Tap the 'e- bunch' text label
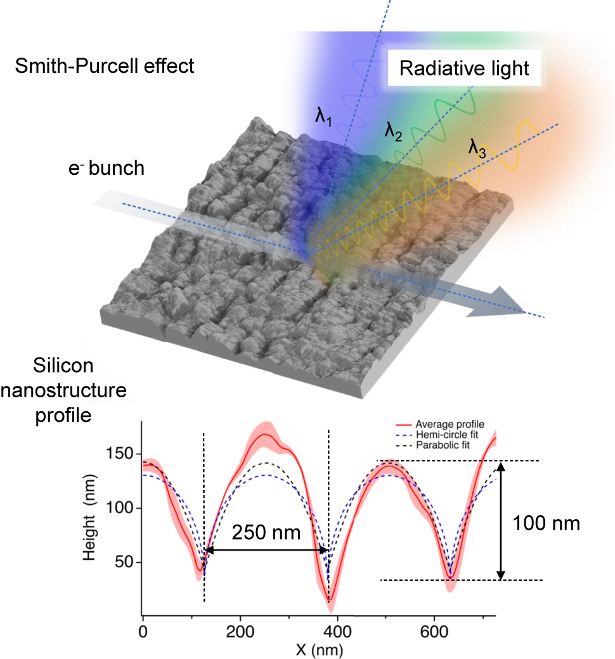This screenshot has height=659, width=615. tap(108, 168)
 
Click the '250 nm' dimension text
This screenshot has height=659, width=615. tap(264, 532)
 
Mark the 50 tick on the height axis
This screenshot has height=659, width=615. tap(126, 562)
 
